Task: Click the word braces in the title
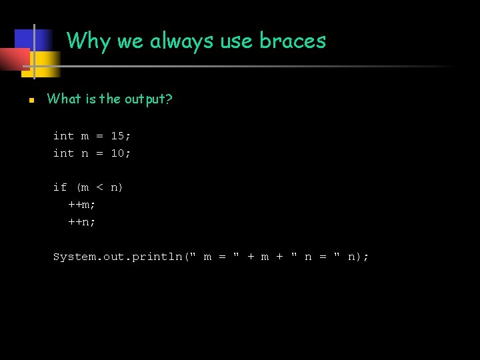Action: pos(293,41)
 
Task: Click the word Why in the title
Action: pos(89,41)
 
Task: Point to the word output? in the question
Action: pos(147,99)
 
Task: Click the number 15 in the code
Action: pos(118,136)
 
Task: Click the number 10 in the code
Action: pos(118,153)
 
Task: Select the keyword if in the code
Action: pos(60,187)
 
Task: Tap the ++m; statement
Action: pos(82,205)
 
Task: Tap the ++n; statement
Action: pos(82,222)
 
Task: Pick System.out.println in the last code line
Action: pos(118,257)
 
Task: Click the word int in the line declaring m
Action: pos(63,136)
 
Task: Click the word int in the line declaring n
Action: pos(63,153)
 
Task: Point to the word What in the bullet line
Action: pos(63,99)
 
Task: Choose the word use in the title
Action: pos(237,41)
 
